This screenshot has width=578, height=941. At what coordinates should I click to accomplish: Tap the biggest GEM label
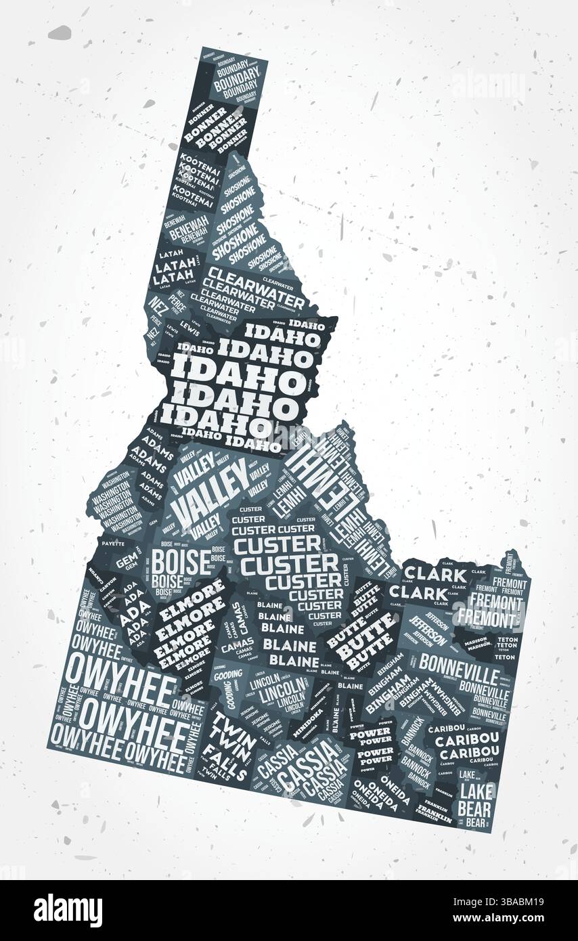(126, 562)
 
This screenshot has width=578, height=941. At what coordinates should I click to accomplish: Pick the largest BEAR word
(474, 808)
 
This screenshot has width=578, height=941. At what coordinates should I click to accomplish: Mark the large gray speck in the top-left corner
(60, 32)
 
